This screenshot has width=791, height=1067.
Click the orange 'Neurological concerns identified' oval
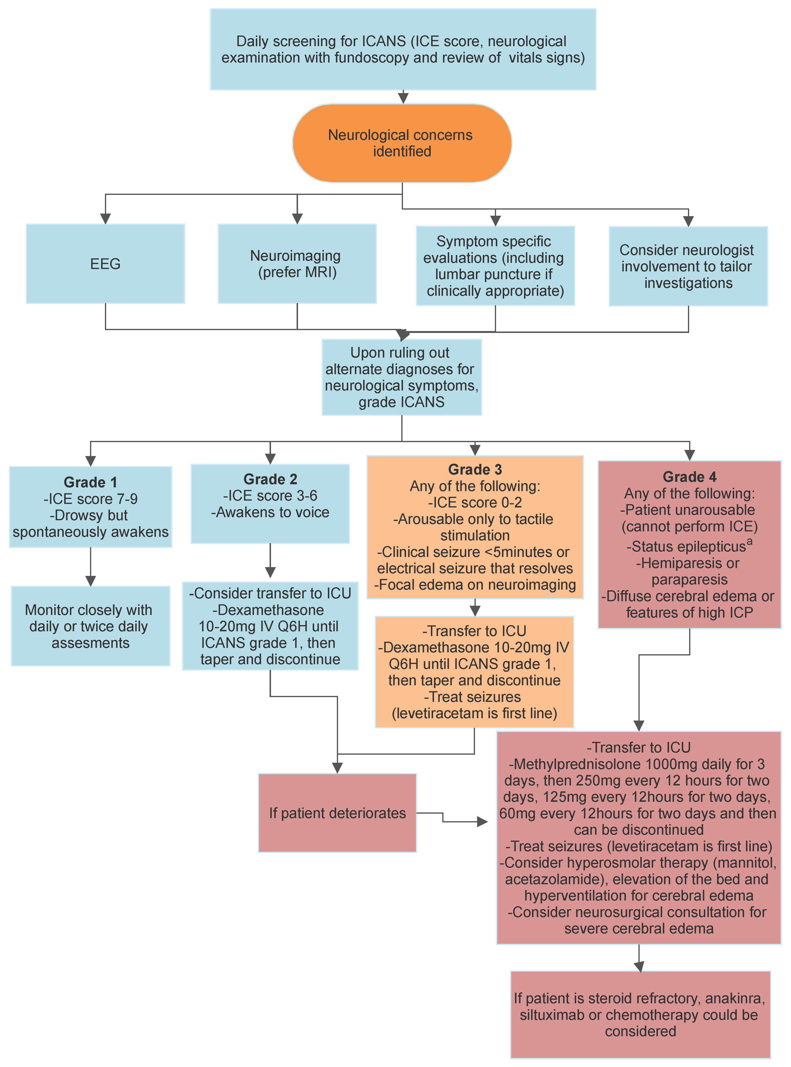pos(402,143)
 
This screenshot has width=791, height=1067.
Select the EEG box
pos(105,264)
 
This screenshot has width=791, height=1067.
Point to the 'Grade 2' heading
pos(271,479)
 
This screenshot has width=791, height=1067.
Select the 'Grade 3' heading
pos(475,469)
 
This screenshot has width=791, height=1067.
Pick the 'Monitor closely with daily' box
pos(90,626)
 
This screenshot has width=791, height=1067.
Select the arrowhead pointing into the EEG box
pos(105,219)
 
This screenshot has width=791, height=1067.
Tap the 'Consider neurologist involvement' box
pos(688,266)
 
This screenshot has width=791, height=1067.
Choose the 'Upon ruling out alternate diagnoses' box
pos(402,377)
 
